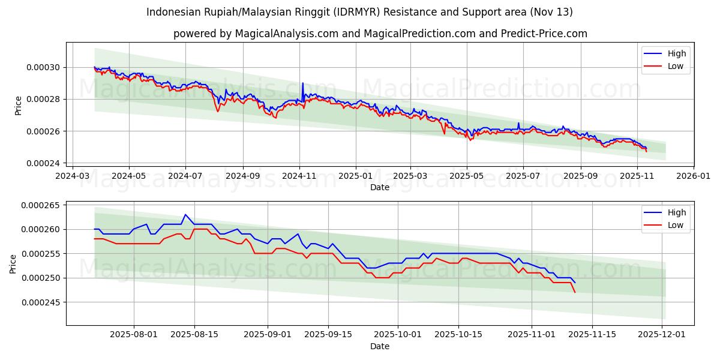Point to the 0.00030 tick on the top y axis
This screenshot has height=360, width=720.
click(42, 67)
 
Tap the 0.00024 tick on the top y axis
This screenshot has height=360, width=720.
click(42, 163)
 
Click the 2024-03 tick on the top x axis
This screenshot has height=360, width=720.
click(73, 176)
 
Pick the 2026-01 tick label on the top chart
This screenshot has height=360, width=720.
click(694, 176)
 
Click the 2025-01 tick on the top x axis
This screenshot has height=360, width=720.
click(355, 176)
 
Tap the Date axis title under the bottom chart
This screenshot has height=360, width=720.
click(379, 346)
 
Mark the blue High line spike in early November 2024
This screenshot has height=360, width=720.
click(302, 83)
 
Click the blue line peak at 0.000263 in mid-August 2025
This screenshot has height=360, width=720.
click(185, 214)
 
